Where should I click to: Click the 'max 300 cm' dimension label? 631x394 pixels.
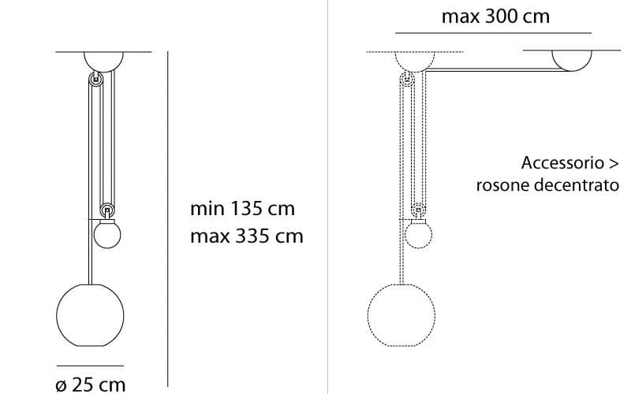point(495,16)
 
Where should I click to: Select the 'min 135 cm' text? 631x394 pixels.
point(242,209)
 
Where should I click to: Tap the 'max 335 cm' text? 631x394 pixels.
point(246,236)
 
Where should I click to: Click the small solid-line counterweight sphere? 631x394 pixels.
point(106,234)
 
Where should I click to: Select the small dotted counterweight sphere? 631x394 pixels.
point(417,234)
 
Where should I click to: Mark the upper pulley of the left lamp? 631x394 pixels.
point(96,79)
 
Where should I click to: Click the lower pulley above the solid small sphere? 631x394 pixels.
point(106,211)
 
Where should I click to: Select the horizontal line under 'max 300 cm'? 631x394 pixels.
point(493,33)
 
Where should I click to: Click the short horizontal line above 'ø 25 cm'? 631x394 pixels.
point(89,366)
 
